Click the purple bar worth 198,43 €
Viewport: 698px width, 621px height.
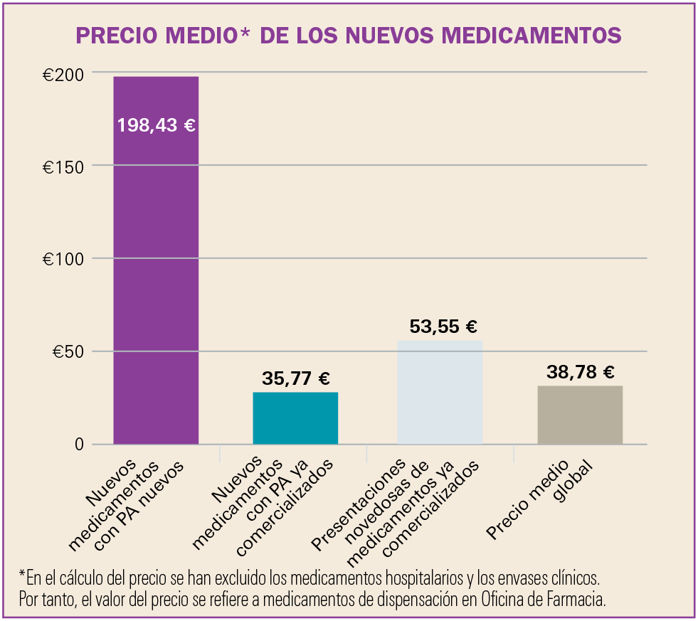click(x=156, y=285)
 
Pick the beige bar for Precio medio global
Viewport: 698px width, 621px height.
click(x=580, y=415)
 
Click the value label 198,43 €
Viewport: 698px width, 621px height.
click(x=157, y=126)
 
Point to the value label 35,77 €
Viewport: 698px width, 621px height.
click(x=295, y=379)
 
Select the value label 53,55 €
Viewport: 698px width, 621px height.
click(x=443, y=327)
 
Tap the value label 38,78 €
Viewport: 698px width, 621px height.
click(x=580, y=372)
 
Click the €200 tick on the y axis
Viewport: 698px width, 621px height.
click(x=63, y=74)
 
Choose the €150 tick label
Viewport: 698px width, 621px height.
click(x=63, y=166)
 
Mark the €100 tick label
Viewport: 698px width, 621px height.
click(x=63, y=259)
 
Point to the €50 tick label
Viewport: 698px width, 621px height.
click(x=68, y=351)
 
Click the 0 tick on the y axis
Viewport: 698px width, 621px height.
click(x=78, y=445)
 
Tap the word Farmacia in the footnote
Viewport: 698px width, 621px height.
click(x=577, y=600)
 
